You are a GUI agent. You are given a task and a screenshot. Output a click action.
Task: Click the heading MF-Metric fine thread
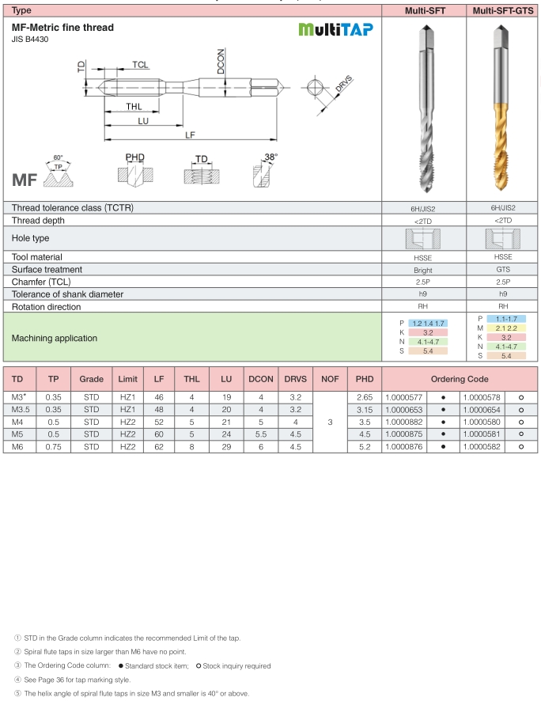point(62,28)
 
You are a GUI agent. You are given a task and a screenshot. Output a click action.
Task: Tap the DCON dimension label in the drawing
point(221,62)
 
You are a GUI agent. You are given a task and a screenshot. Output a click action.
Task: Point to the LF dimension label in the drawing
point(191,135)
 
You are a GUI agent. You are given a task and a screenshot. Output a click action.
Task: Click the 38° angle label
point(271,157)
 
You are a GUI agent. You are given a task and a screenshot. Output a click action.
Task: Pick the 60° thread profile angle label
point(58,158)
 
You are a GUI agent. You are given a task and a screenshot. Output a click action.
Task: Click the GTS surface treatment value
point(503,269)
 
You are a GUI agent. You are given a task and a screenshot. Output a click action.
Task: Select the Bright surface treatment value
point(423,269)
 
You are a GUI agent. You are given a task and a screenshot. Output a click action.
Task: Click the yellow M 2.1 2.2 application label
point(504,328)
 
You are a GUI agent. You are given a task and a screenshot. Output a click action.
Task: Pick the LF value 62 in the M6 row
point(159,447)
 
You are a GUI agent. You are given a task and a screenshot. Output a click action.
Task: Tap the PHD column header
point(364,379)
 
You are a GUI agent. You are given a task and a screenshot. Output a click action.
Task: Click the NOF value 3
point(329,422)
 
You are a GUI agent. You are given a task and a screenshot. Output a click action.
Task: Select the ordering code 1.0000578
point(482,397)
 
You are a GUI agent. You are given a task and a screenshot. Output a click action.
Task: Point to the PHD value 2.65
point(364,397)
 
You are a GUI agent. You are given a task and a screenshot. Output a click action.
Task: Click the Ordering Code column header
point(460,379)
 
